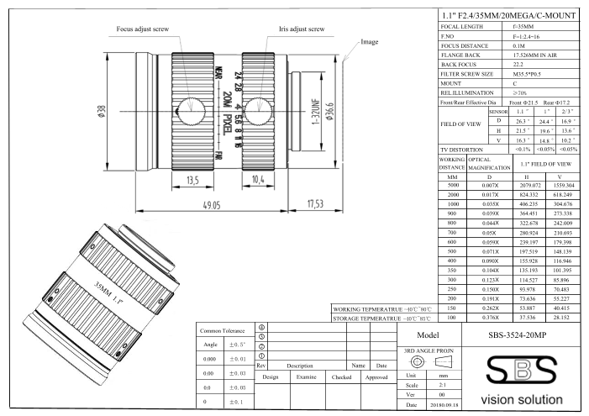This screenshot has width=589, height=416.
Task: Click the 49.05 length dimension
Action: pyautogui.click(x=212, y=205)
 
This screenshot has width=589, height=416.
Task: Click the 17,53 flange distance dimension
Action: pyautogui.click(x=315, y=203)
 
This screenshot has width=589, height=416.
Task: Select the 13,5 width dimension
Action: pyautogui.click(x=192, y=181)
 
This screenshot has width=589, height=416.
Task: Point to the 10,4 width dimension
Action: pyautogui.click(x=258, y=180)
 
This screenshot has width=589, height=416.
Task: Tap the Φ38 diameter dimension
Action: pyautogui.click(x=102, y=112)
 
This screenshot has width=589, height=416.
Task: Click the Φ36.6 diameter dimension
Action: pyautogui.click(x=329, y=111)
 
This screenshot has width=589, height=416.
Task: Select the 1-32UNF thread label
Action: pyautogui.click(x=316, y=112)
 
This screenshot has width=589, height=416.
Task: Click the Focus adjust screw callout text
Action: pyautogui.click(x=143, y=29)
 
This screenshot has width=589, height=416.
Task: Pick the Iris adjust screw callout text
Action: pyautogui.click(x=302, y=29)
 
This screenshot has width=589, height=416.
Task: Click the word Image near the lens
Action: pyautogui.click(x=369, y=42)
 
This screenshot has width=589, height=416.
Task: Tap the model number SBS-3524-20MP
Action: pyautogui.click(x=518, y=334)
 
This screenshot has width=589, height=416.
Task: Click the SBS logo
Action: pyautogui.click(x=522, y=371)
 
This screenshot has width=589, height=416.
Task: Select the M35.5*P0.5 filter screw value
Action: pyautogui.click(x=527, y=74)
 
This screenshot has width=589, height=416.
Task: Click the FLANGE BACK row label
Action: pyautogui.click(x=460, y=55)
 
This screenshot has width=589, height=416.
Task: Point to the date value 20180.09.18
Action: pyautogui.click(x=444, y=405)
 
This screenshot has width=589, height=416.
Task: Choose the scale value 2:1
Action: pyautogui.click(x=442, y=385)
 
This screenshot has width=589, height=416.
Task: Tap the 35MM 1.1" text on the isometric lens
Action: pyautogui.click(x=108, y=292)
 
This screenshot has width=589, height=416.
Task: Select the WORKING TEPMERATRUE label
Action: pyautogui.click(x=368, y=309)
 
